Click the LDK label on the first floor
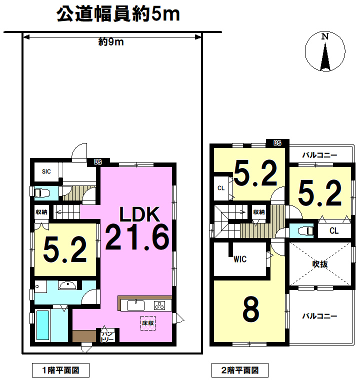(139, 214)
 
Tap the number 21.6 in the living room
(137, 237)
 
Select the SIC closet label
(46, 171)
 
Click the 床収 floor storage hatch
(148, 323)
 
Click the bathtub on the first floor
(43, 325)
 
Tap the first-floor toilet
(42, 193)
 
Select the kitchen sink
(136, 305)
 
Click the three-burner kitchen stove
(159, 305)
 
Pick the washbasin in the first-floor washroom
(68, 285)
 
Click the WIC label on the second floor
(240, 259)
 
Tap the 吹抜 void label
(320, 264)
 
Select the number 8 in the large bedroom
(251, 309)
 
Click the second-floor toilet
(305, 231)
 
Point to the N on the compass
(325, 36)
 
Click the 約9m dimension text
(111, 42)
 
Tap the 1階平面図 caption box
(60, 370)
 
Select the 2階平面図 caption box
(240, 370)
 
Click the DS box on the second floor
(277, 143)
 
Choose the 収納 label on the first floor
(41, 212)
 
